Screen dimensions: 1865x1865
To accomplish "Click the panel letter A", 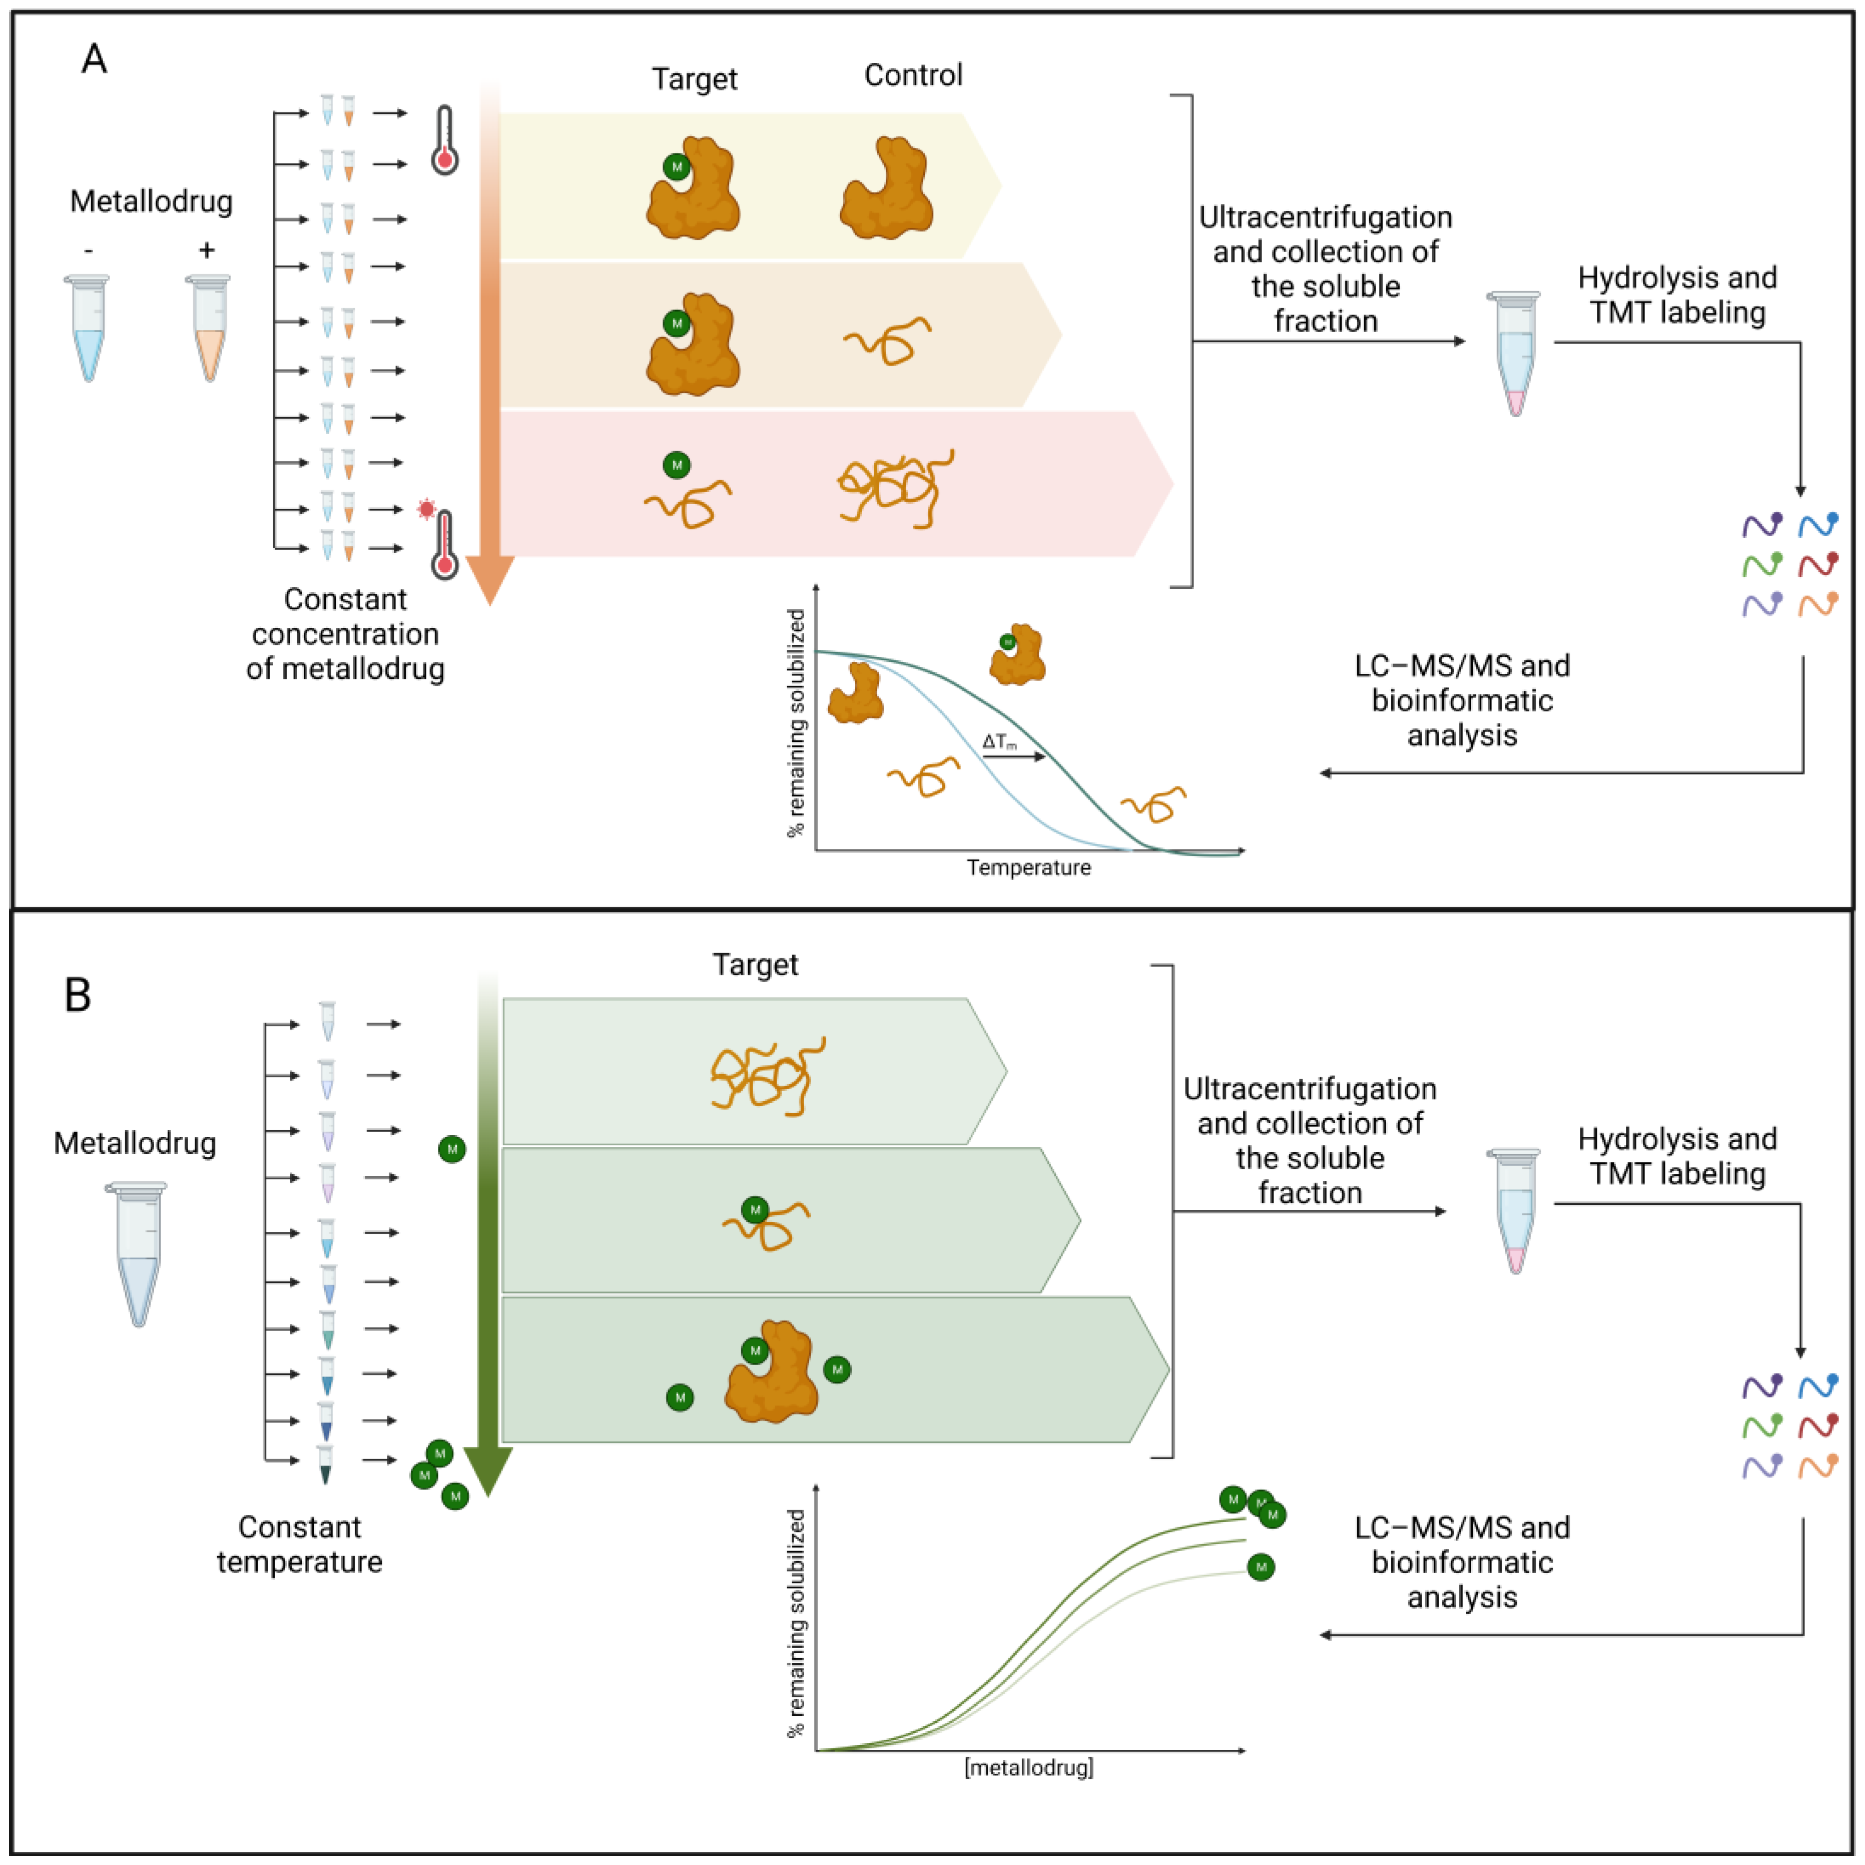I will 94,60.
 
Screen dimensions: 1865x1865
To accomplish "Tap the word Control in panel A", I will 913,75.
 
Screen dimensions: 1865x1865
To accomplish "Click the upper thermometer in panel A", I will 444,140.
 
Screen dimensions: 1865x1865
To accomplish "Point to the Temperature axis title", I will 1029,868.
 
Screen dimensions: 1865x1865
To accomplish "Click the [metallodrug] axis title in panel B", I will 1029,1768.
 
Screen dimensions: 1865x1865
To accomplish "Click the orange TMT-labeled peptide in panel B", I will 1819,1467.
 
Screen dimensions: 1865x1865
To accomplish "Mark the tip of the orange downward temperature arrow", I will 490,601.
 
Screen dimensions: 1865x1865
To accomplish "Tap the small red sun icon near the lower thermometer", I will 426,509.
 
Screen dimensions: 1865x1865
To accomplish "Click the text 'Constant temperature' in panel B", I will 299,1544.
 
